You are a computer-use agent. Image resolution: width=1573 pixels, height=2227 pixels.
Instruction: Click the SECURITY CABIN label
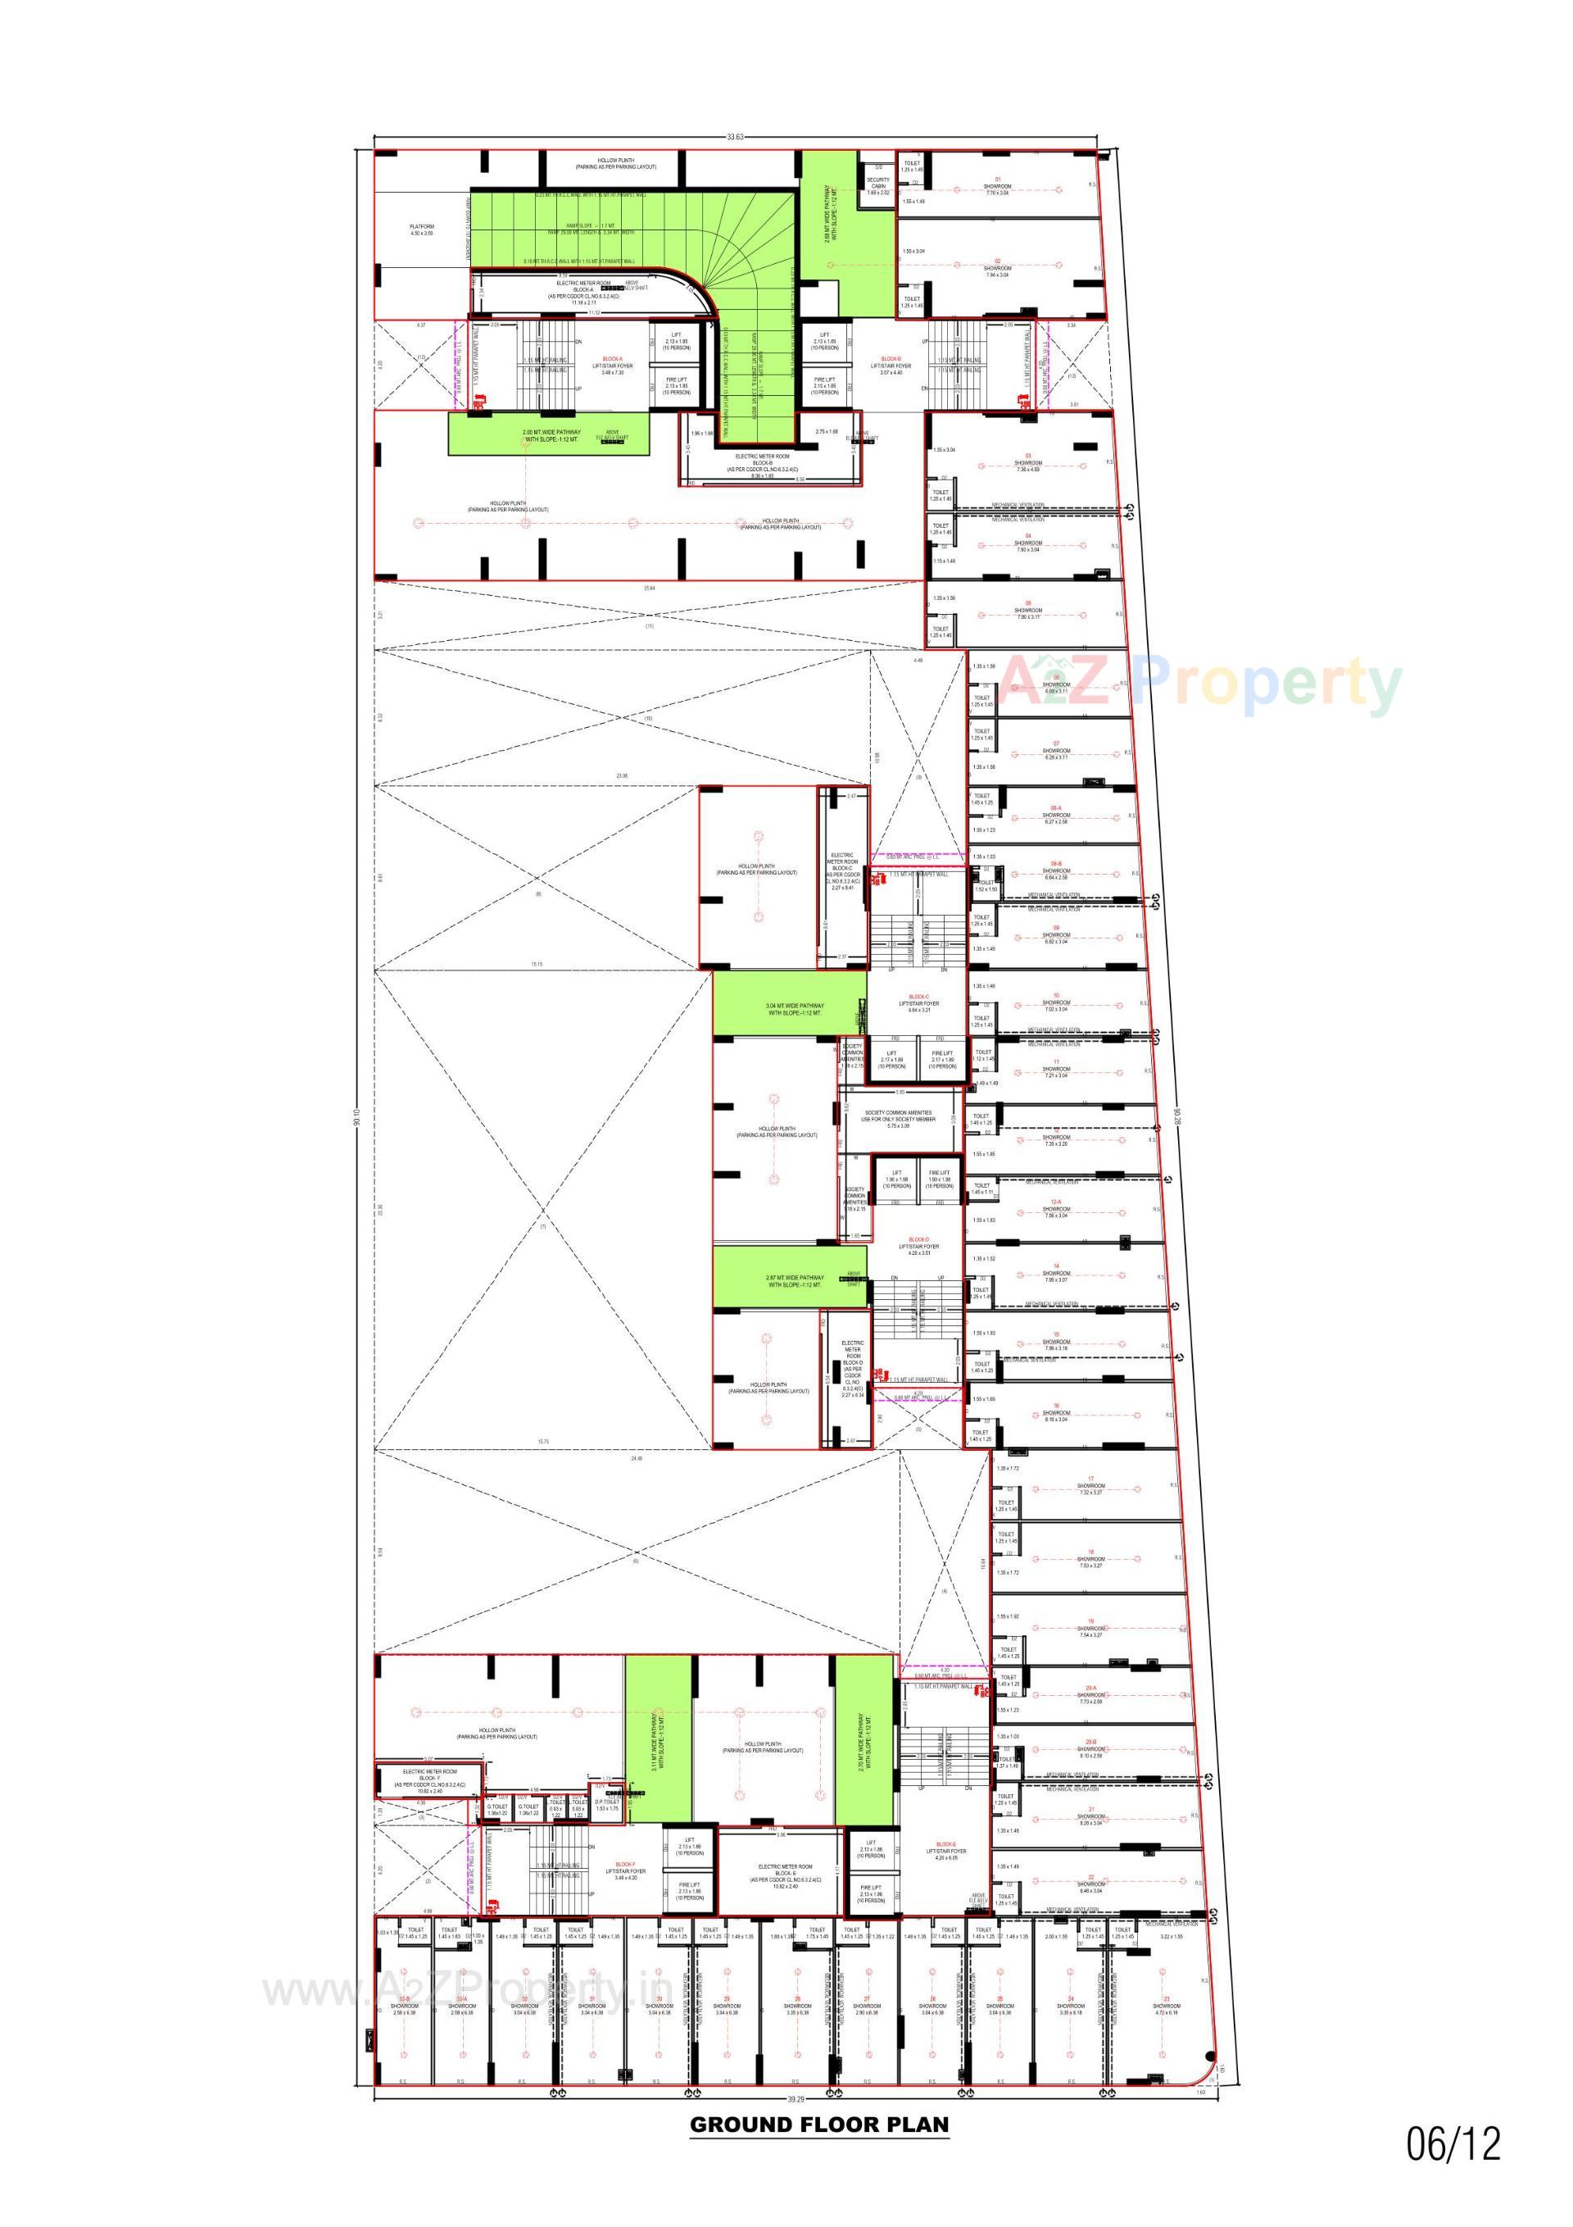pos(877,185)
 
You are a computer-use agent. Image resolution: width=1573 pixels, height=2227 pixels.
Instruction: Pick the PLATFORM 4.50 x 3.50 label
pos(422,230)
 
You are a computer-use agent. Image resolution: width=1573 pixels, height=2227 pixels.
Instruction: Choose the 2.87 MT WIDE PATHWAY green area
pos(791,1281)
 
